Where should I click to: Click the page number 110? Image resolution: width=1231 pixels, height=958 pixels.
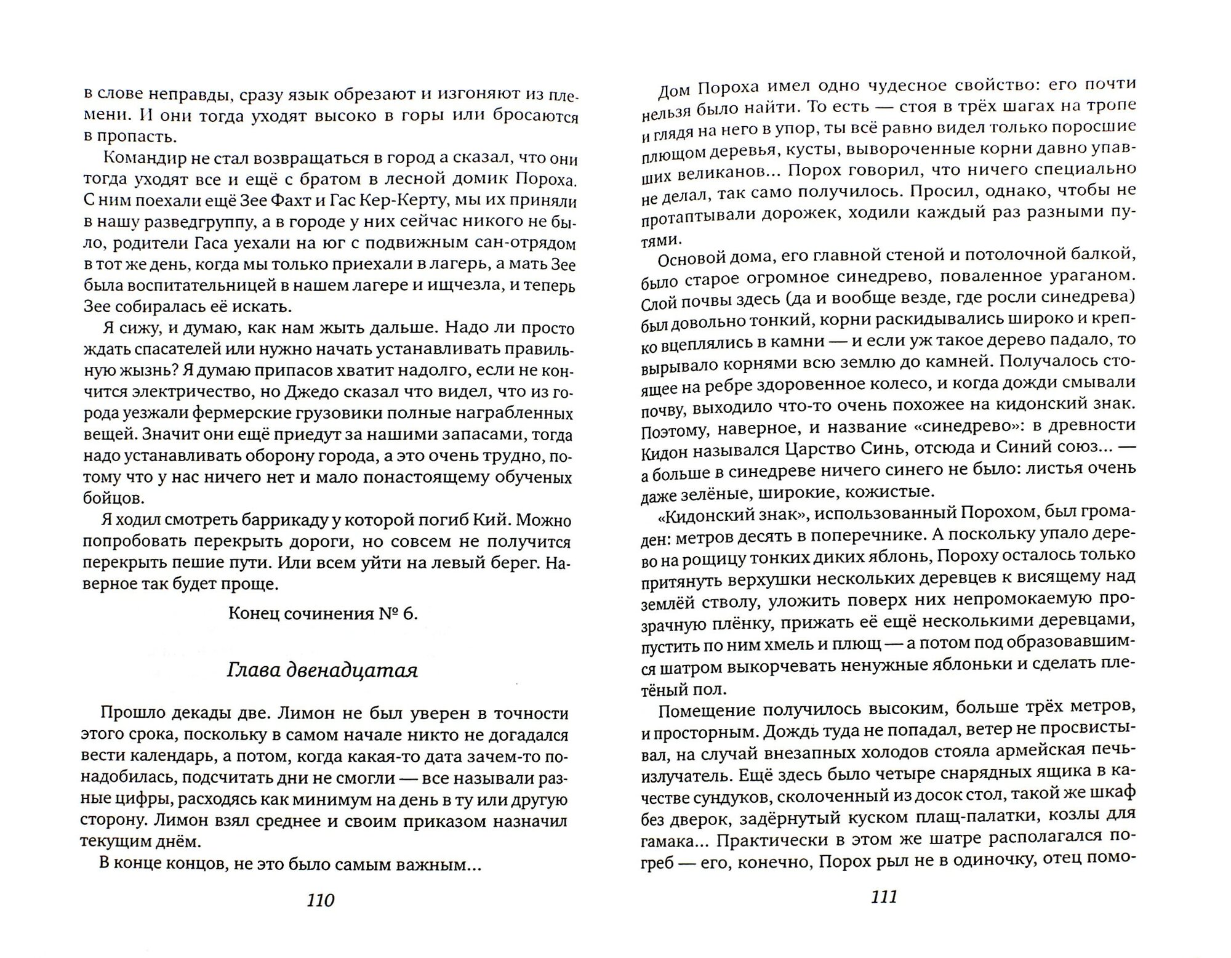(320, 900)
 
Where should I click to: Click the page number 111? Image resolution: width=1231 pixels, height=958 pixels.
(884, 897)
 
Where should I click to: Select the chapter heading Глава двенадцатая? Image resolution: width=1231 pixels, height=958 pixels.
(323, 670)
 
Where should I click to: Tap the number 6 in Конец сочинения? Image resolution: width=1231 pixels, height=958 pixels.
(410, 614)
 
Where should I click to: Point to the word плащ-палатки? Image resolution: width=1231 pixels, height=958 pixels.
(997, 817)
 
